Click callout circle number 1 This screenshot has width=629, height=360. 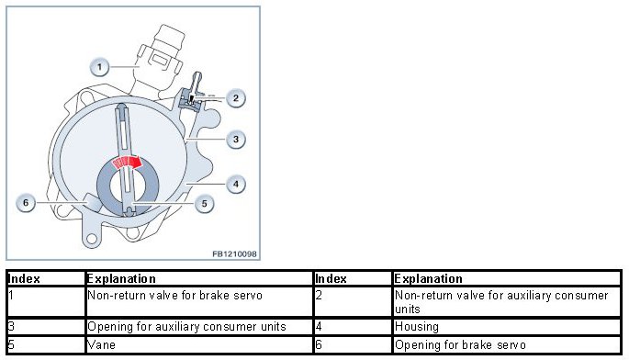tap(99, 67)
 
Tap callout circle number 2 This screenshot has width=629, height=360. tap(235, 98)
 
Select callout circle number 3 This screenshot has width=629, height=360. tap(235, 140)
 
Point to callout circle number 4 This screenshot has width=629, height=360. tap(235, 185)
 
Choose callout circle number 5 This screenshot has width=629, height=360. tap(204, 204)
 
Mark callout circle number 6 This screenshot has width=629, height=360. tap(26, 203)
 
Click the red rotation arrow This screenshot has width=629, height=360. tap(127, 163)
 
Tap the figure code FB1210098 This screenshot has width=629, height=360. tap(234, 254)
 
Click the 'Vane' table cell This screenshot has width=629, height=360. tap(199, 344)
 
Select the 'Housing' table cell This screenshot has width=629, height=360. tap(507, 327)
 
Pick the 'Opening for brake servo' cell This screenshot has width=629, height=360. tap(507, 344)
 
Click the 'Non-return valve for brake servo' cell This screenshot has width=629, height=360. tap(199, 301)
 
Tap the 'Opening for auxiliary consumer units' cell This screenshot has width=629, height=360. tap(199, 327)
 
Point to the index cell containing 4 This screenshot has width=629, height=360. tap(353, 327)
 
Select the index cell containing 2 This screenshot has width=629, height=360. tap(353, 301)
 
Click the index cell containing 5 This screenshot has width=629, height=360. tap(46, 344)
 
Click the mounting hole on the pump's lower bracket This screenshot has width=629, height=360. tap(92, 239)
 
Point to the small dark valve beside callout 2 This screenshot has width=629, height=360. tap(191, 99)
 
